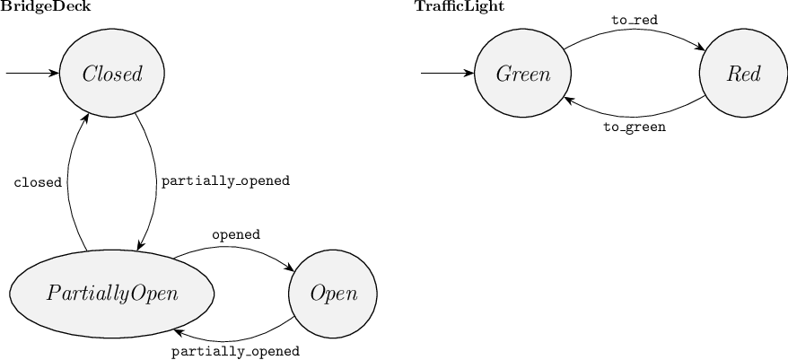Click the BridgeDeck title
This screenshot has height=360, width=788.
click(x=46, y=7)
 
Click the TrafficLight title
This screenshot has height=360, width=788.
click(x=459, y=7)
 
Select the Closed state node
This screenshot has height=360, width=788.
click(x=112, y=74)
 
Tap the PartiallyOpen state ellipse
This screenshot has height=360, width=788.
click(x=112, y=294)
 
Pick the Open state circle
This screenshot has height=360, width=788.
click(x=333, y=294)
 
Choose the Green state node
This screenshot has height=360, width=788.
click(x=523, y=74)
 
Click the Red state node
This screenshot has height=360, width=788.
click(x=744, y=74)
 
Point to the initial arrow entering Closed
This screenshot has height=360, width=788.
click(x=31, y=74)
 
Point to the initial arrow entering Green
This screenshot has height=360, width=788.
click(x=447, y=74)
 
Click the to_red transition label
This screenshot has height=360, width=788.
click(x=634, y=19)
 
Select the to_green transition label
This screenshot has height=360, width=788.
click(x=634, y=127)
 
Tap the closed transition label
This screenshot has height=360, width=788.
click(x=38, y=182)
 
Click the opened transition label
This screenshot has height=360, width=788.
click(x=235, y=234)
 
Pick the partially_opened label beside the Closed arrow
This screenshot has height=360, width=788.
click(x=224, y=180)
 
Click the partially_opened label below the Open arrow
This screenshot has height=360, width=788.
click(x=234, y=351)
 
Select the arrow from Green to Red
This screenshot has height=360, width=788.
click(x=634, y=30)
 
